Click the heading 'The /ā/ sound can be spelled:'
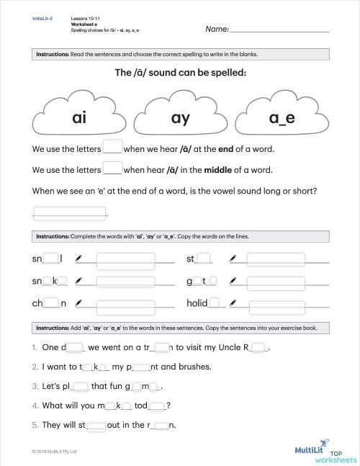pos(180,73)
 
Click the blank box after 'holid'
pos(213,304)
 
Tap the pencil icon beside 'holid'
pos(232,304)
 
